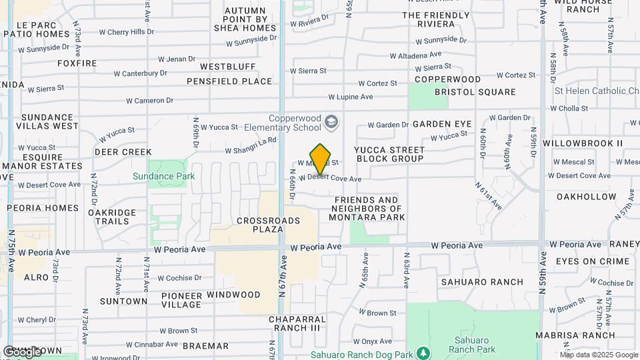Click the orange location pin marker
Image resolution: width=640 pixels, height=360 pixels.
tap(321, 159)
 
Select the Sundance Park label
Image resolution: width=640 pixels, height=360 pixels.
tap(163, 176)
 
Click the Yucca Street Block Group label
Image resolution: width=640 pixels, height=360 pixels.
tap(390, 154)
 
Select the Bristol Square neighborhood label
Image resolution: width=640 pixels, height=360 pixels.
tap(475, 92)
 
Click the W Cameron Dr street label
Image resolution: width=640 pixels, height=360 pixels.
tap(150, 101)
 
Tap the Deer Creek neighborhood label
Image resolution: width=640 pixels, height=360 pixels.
tap(123, 152)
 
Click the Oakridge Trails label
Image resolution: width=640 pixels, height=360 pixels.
tap(112, 217)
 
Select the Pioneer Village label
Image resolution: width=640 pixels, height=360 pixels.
tap(181, 300)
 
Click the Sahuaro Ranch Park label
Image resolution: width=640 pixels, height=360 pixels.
tap(472, 345)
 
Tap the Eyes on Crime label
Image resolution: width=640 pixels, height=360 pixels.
tap(593, 261)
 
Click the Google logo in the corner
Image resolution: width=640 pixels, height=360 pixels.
tap(22, 351)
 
